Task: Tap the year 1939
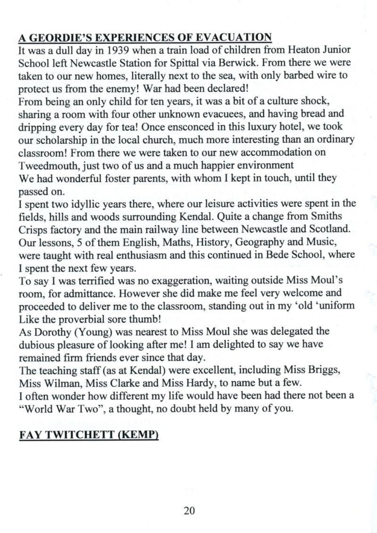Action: (x=103, y=51)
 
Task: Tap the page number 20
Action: (x=189, y=510)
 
